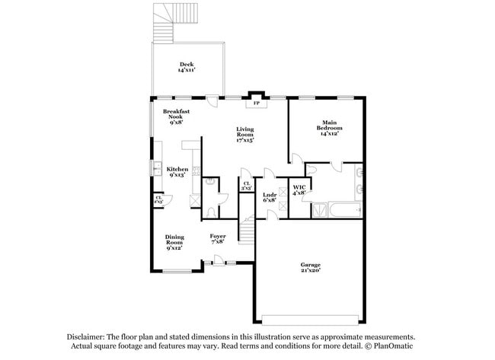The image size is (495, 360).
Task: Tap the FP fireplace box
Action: (x=256, y=103)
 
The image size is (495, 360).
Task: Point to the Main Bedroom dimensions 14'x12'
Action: (x=328, y=134)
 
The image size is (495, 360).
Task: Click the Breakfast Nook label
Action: (x=176, y=116)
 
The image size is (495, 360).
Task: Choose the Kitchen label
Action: (x=177, y=171)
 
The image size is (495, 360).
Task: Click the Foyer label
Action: (x=218, y=239)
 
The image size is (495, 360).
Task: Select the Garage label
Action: (x=309, y=267)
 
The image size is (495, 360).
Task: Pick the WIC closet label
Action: (x=299, y=190)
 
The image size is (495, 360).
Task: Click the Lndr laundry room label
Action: (x=269, y=197)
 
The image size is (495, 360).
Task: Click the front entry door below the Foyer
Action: (x=219, y=263)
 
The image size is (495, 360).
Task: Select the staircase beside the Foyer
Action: (x=245, y=228)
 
